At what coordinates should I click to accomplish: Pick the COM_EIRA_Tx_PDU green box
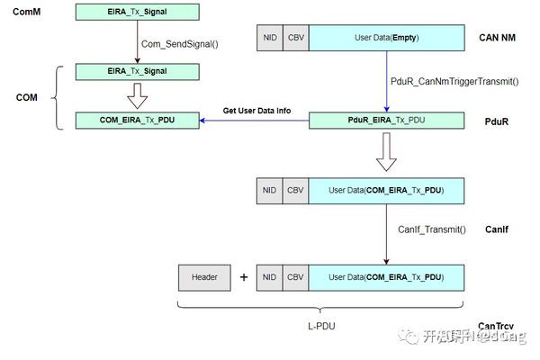coord(137,121)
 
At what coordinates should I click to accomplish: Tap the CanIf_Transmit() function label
coord(432,229)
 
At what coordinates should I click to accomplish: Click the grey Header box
coord(204,277)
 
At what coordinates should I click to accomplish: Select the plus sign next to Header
coord(243,277)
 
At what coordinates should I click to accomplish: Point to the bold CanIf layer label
coord(496,229)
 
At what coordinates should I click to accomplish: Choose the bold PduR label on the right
coord(497,121)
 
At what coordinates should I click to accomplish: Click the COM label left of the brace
coord(26,96)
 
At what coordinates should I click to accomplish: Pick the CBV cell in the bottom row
coord(295,277)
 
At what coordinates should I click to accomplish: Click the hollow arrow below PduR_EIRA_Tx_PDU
coord(386,153)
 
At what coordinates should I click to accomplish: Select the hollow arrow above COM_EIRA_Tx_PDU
coord(137,94)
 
